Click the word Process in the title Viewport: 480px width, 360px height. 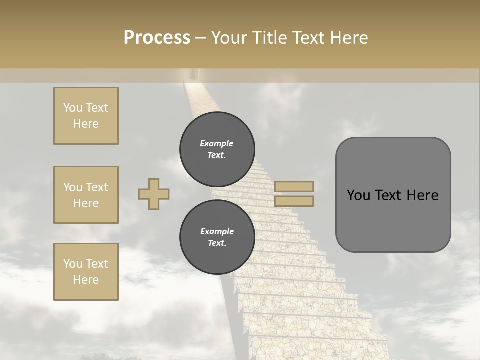coord(157,38)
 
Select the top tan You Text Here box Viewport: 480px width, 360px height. coord(86,116)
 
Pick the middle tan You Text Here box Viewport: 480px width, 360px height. coord(86,195)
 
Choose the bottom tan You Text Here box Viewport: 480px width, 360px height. coord(86,272)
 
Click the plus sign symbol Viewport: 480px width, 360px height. coord(154,194)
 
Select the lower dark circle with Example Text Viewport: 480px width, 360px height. coord(217,237)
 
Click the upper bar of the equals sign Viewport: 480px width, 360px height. coord(294,186)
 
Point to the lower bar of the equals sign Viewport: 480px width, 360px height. coord(294,201)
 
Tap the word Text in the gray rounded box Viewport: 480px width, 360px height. coord(386,195)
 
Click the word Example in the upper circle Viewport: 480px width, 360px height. coord(217,143)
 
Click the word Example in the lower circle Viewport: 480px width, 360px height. coord(217,231)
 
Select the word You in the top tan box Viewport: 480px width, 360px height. coord(72,108)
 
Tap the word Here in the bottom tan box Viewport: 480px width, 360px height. coord(86,280)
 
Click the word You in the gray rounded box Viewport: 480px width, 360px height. coord(358,195)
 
